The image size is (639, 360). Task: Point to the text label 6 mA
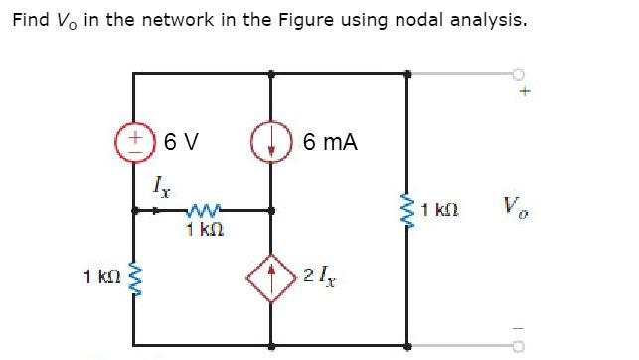(x=330, y=142)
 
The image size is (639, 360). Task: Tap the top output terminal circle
(x=519, y=73)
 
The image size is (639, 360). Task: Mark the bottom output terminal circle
(x=519, y=349)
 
